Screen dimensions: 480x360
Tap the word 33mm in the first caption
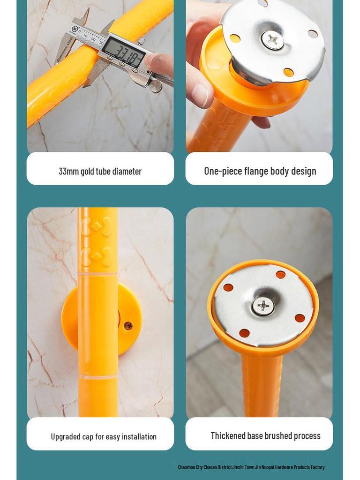(x=68, y=172)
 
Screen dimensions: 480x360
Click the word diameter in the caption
(x=127, y=172)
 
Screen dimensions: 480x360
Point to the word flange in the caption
(x=256, y=171)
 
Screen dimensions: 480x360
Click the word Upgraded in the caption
(x=66, y=437)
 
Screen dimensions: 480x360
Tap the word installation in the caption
(x=139, y=437)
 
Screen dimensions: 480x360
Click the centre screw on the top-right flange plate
(x=272, y=40)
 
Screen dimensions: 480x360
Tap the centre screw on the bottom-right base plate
(x=263, y=306)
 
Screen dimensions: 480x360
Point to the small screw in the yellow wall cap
(x=127, y=326)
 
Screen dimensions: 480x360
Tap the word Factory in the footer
(x=317, y=467)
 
